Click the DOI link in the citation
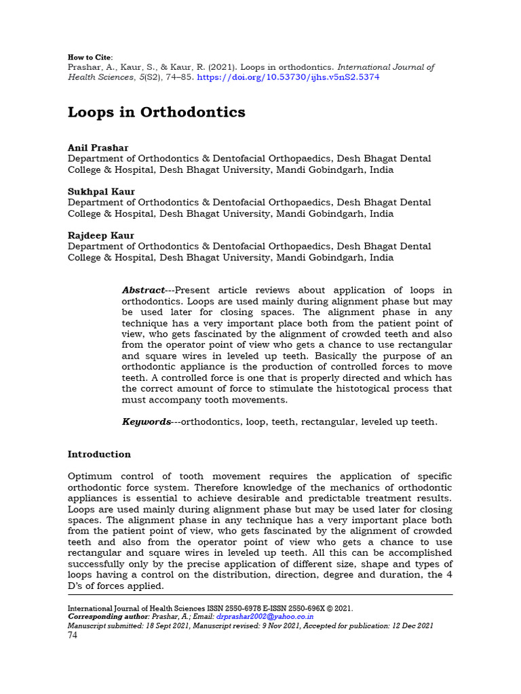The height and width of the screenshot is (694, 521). pyautogui.click(x=288, y=77)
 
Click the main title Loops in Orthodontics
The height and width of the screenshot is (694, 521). pyautogui.click(x=156, y=112)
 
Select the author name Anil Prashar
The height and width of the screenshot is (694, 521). pyautogui.click(x=98, y=148)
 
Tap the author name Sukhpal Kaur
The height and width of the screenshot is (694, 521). pyautogui.click(x=100, y=192)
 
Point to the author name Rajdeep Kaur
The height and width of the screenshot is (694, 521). pyautogui.click(x=100, y=236)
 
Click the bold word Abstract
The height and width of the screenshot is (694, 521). pyautogui.click(x=143, y=290)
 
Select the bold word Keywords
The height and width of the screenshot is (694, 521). pyautogui.click(x=146, y=422)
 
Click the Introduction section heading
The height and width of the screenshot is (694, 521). pyautogui.click(x=99, y=454)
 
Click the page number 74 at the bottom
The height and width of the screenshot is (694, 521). pyautogui.click(x=73, y=635)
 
